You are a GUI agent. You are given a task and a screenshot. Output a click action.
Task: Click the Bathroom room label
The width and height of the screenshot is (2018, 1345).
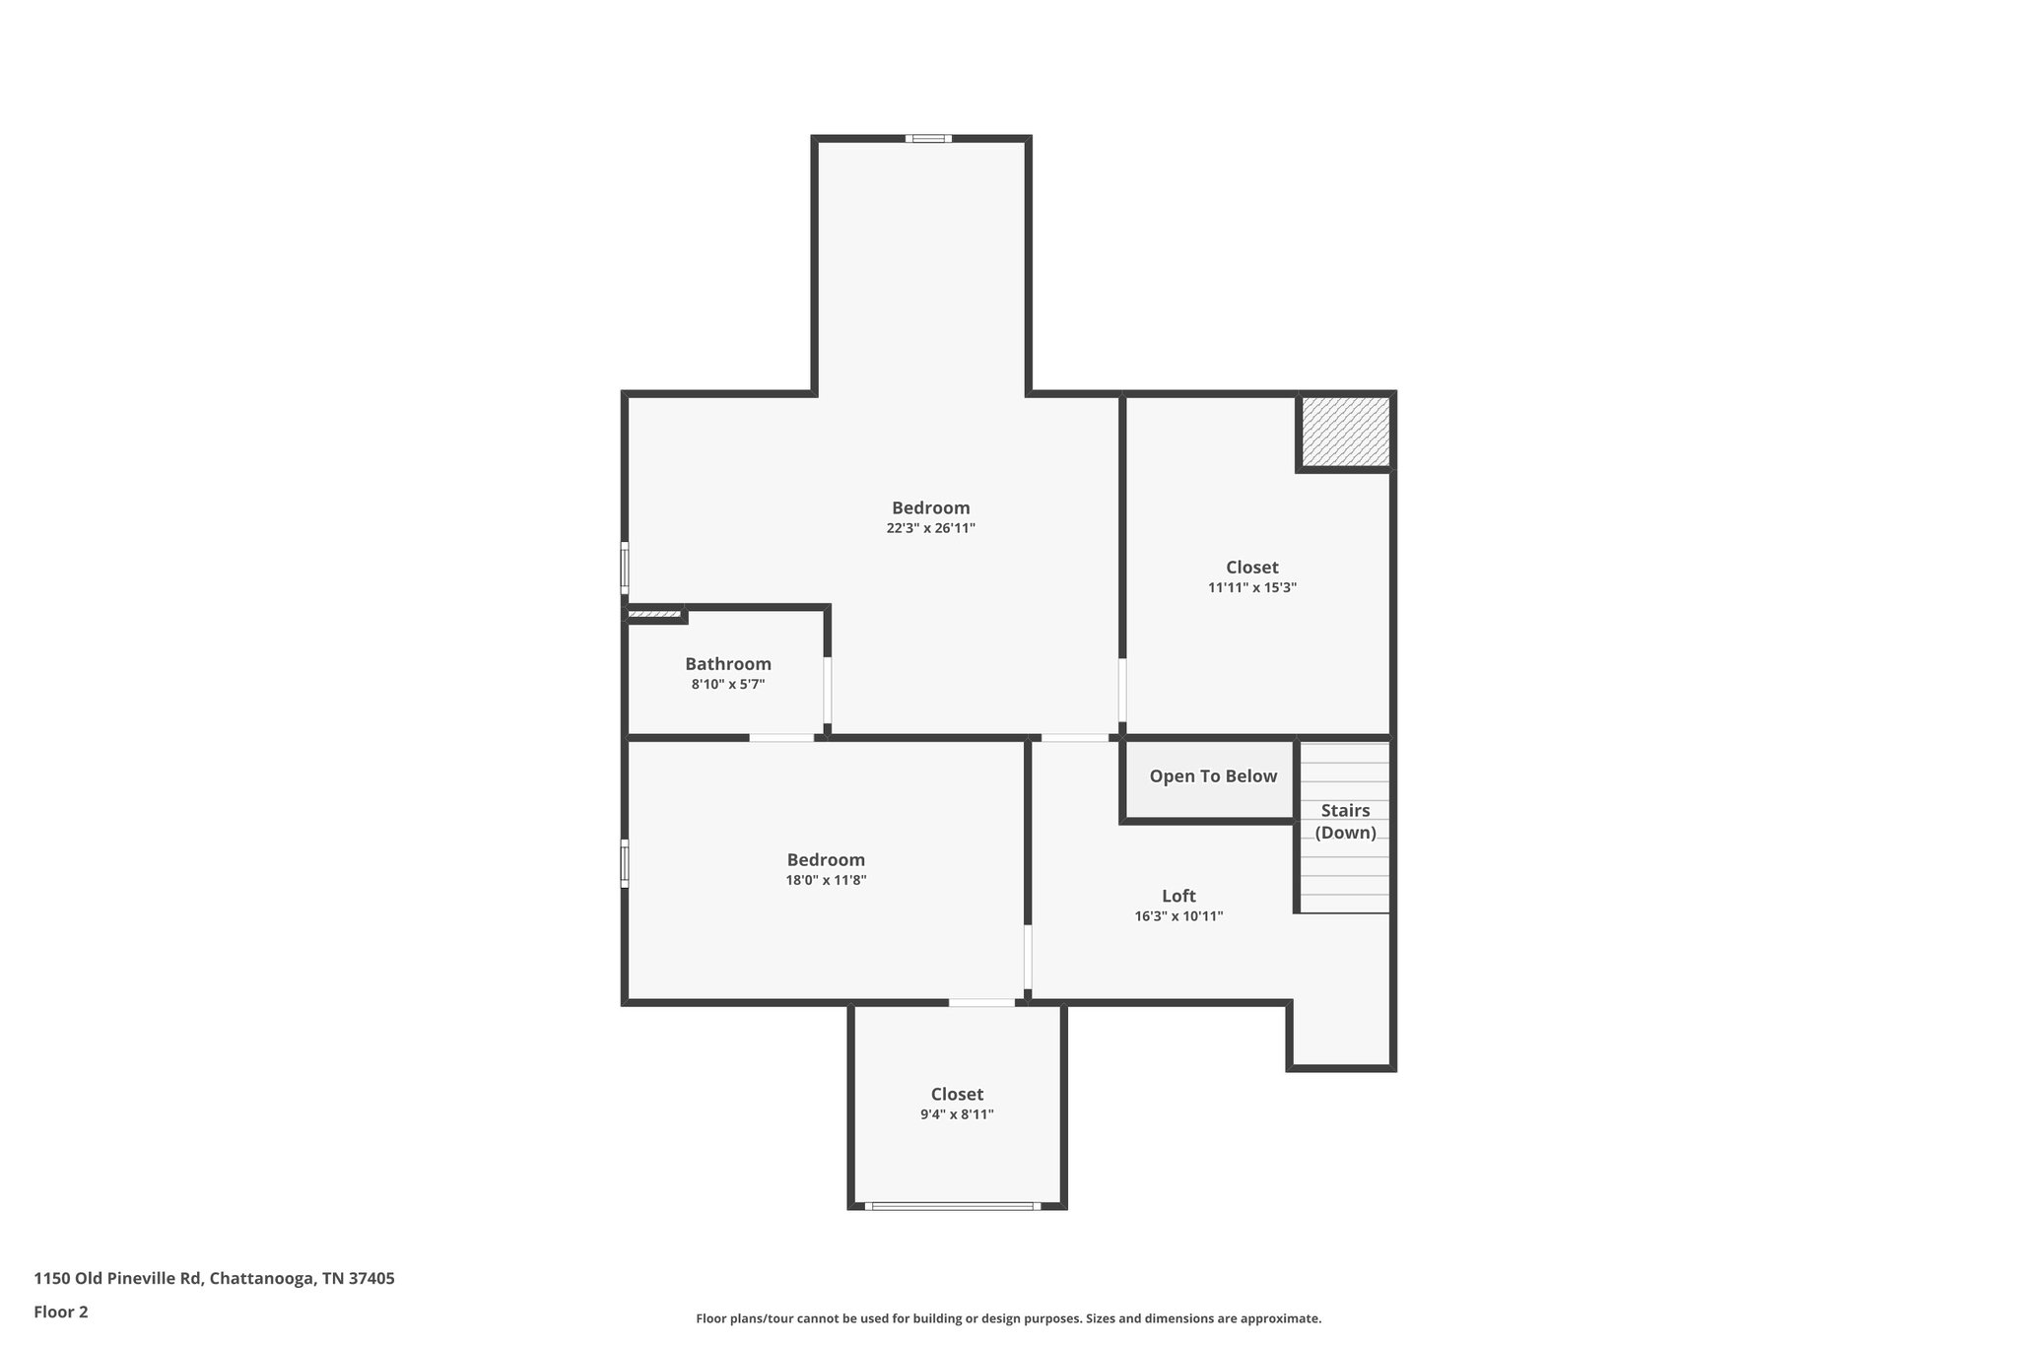(728, 664)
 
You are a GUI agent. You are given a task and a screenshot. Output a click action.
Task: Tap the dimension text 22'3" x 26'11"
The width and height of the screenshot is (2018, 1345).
(930, 528)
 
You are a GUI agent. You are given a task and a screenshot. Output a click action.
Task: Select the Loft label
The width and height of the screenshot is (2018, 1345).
(1178, 896)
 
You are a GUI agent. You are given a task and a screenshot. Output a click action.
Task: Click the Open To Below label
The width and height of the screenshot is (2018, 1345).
(1213, 776)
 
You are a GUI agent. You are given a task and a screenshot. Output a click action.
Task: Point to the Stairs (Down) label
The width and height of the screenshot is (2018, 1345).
(1345, 821)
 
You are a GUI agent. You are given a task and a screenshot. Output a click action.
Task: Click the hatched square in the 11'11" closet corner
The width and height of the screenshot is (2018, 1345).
(1345, 432)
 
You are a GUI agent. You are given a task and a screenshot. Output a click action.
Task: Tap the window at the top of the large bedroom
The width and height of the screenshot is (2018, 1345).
(928, 139)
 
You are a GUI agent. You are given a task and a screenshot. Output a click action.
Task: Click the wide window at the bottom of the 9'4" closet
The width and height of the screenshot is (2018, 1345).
(952, 1205)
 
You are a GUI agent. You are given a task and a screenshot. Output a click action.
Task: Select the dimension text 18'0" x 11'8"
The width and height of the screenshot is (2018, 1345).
(826, 881)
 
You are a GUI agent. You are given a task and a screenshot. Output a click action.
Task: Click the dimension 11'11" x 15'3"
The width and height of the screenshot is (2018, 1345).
(1252, 588)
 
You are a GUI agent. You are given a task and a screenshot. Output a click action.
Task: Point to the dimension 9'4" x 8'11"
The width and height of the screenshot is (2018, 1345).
(957, 1114)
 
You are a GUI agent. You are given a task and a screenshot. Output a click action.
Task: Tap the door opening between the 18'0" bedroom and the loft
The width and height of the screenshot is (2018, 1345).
(1028, 956)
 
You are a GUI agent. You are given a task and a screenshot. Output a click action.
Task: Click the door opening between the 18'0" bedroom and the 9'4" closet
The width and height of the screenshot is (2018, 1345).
(981, 1002)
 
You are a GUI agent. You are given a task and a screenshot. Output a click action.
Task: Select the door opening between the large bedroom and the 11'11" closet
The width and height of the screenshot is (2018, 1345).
(1122, 691)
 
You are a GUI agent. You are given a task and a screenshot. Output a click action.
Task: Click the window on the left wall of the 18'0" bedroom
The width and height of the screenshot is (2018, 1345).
(625, 863)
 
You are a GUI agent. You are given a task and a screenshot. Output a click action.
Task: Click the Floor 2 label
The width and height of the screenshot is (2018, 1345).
(61, 1312)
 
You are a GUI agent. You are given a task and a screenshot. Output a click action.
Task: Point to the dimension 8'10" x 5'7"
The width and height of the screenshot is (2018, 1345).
(728, 684)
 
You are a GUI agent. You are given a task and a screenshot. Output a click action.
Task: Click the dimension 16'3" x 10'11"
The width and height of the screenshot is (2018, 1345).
(1178, 916)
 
